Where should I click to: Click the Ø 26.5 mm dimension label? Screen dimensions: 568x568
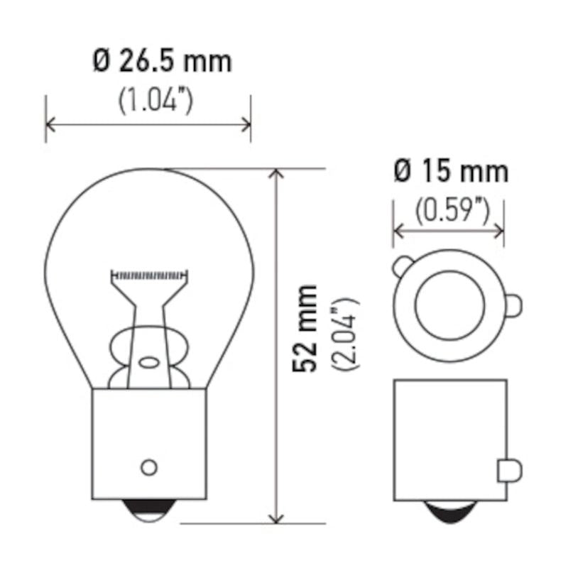pyautogui.click(x=162, y=62)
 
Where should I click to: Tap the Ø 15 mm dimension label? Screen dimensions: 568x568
pyautogui.click(x=450, y=171)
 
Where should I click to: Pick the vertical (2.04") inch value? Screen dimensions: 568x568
pyautogui.click(x=347, y=334)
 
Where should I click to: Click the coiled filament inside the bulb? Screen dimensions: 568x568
pyautogui.click(x=149, y=274)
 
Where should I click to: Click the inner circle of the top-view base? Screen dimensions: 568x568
pyautogui.click(x=450, y=304)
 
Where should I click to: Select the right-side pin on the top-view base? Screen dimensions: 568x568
pyautogui.click(x=514, y=304)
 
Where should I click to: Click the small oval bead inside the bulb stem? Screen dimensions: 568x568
pyautogui.click(x=149, y=361)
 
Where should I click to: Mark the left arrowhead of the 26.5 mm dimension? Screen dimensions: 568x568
pyautogui.click(x=49, y=125)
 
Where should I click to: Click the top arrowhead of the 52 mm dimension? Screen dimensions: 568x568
pyautogui.click(x=275, y=173)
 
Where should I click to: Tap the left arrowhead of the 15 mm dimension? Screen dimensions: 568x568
pyautogui.click(x=397, y=231)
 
